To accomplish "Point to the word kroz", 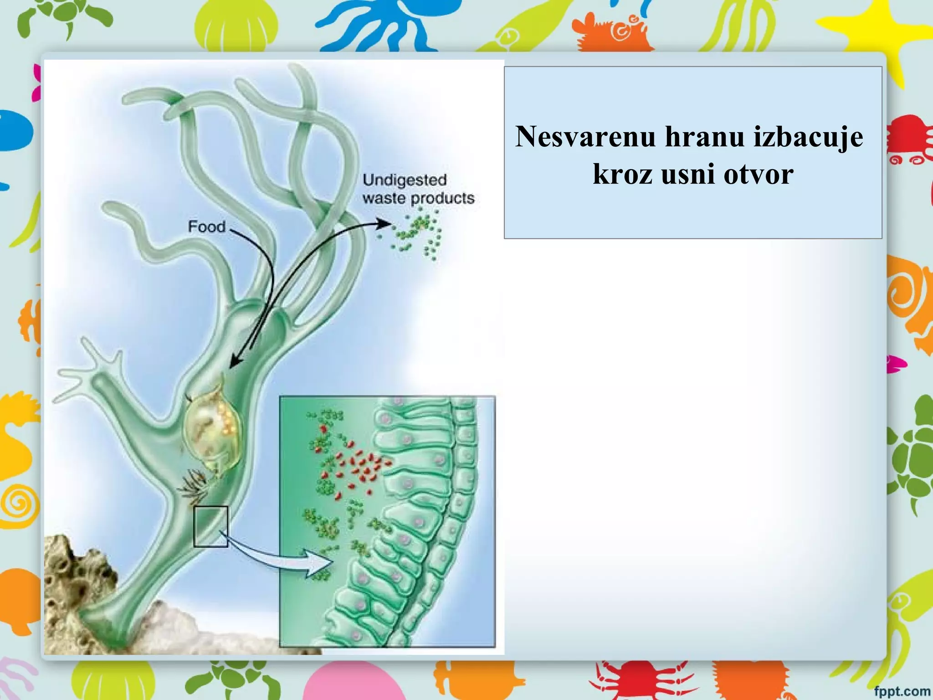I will (x=622, y=174).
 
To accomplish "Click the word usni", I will (x=688, y=174).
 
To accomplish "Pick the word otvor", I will (x=759, y=174).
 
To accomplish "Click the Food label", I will (x=206, y=226).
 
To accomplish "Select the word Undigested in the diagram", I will (x=404, y=180).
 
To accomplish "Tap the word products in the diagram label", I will (x=442, y=199).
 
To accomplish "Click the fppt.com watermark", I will (x=902, y=691).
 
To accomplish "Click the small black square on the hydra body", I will (x=210, y=526).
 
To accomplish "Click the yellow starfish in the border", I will (x=893, y=32).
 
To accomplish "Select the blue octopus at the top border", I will (x=387, y=23).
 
